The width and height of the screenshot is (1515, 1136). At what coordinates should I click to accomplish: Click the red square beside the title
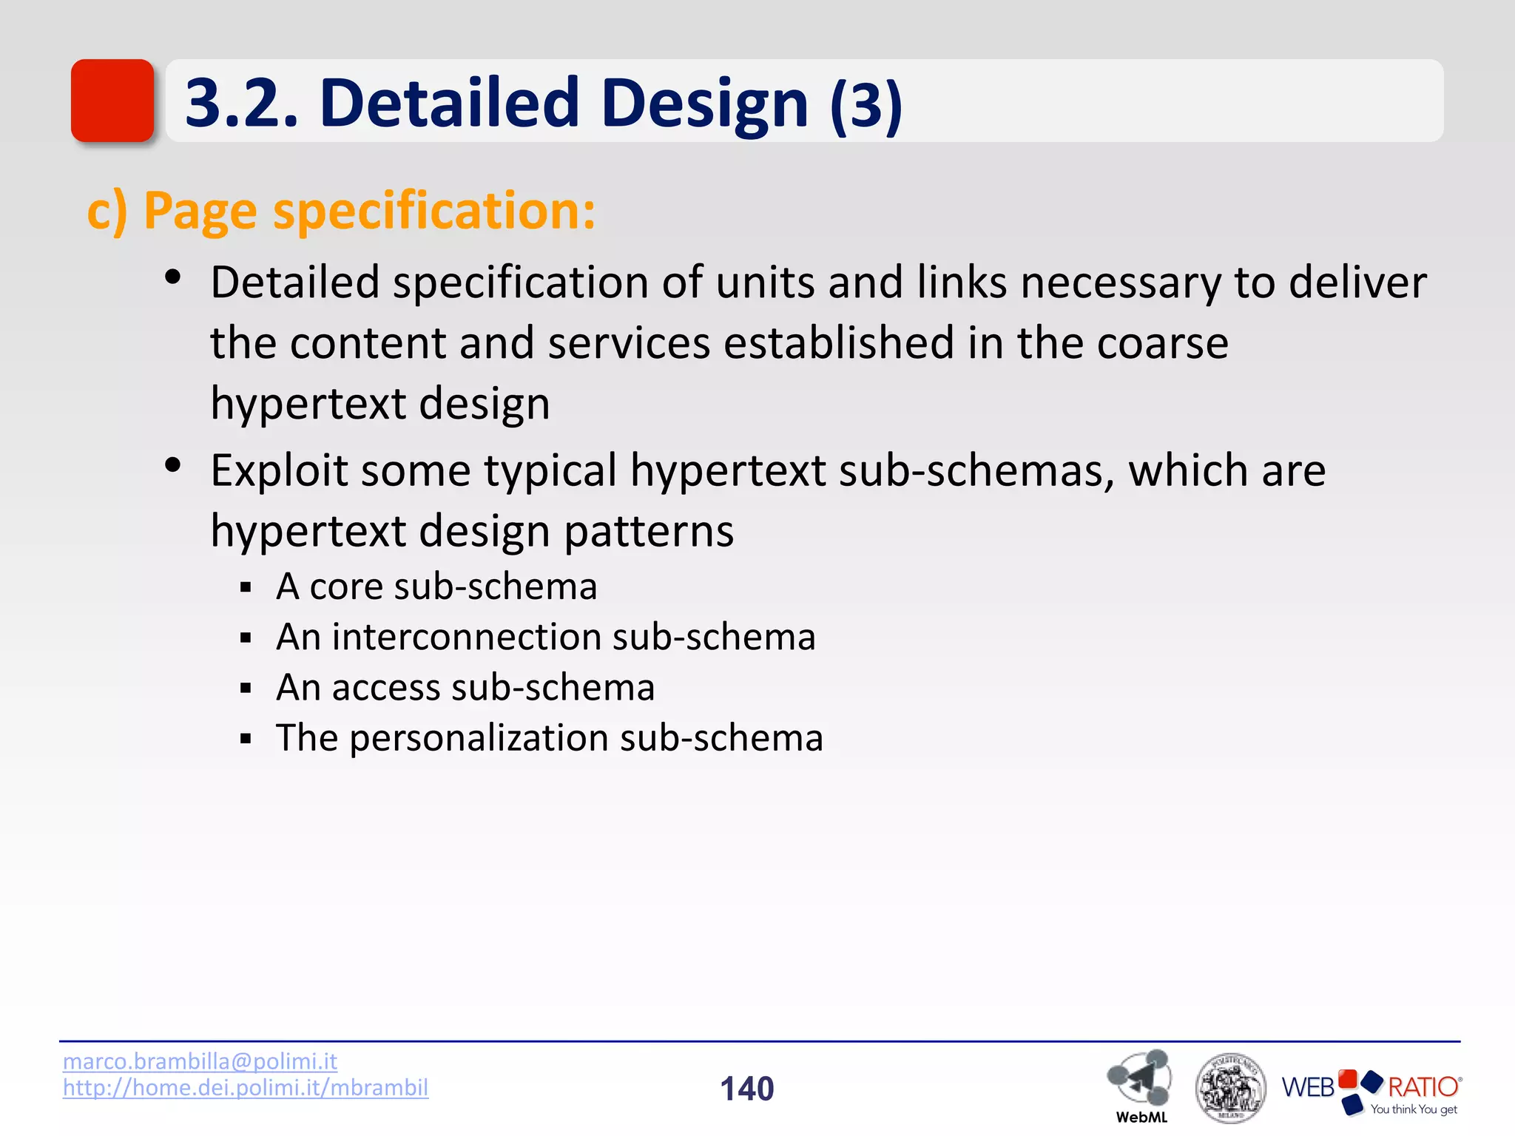click(x=112, y=101)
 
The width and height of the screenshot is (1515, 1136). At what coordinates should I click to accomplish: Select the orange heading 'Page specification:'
click(x=370, y=211)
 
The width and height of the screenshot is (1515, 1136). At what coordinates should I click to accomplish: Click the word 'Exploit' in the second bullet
click(x=278, y=470)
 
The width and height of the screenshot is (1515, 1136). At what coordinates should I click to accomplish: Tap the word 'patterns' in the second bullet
click(x=649, y=531)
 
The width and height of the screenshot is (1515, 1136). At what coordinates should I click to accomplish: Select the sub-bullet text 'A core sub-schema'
click(x=436, y=586)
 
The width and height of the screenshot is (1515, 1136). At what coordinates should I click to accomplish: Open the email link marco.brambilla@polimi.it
click(x=200, y=1061)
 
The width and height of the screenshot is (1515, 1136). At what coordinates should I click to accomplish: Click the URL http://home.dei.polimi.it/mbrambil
click(x=245, y=1088)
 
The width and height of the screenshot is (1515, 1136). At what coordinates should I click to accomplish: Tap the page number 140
click(x=746, y=1089)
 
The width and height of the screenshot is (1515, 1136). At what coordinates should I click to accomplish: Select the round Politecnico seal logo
click(x=1229, y=1087)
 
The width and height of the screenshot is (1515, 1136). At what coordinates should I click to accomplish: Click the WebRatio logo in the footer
click(x=1371, y=1089)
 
